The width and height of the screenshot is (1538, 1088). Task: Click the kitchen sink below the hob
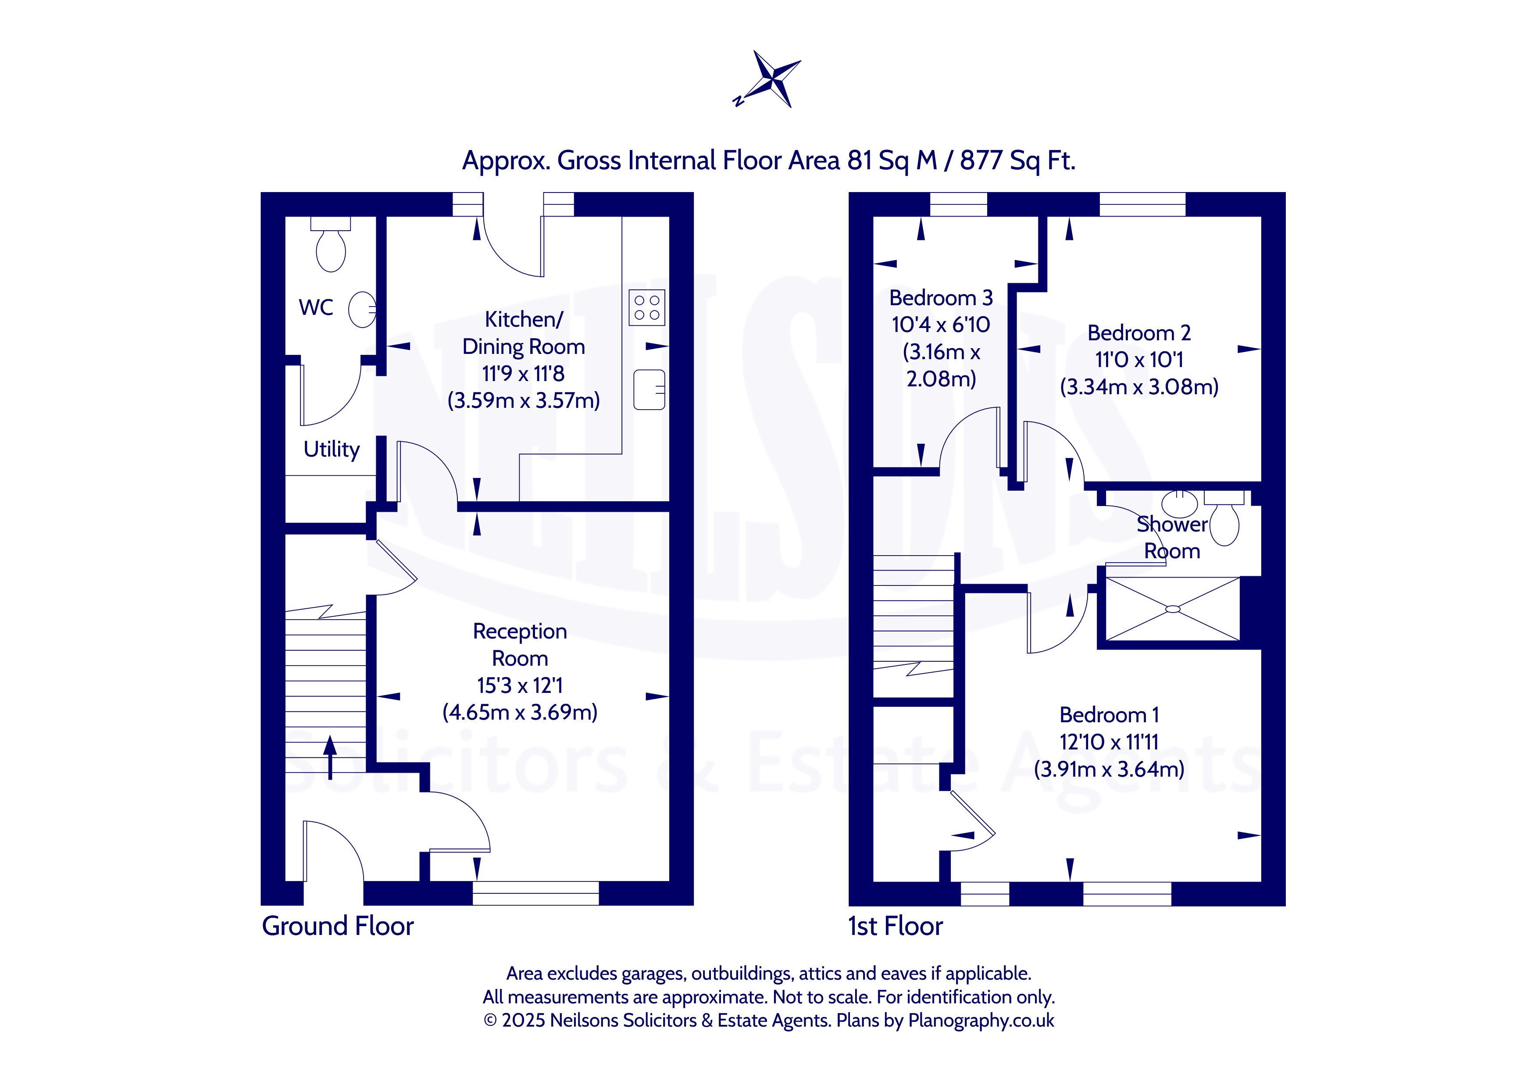[649, 390]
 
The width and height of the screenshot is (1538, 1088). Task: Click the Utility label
[332, 449]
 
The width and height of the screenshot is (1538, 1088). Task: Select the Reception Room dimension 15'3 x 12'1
[520, 685]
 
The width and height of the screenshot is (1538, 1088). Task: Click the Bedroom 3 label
[941, 297]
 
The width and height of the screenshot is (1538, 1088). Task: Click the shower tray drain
[1173, 609]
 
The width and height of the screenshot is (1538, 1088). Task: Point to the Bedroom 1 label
[1109, 715]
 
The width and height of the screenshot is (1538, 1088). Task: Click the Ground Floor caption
[338, 926]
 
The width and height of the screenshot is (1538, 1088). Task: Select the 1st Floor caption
[896, 926]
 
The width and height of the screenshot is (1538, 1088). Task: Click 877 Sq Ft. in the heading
[1017, 161]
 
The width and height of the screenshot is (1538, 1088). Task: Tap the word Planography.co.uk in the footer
[981, 1020]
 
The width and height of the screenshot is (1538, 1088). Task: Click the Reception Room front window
[536, 893]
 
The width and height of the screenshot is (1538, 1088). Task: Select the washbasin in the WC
[362, 310]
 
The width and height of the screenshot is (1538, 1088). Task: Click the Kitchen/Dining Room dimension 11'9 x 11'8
[523, 373]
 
